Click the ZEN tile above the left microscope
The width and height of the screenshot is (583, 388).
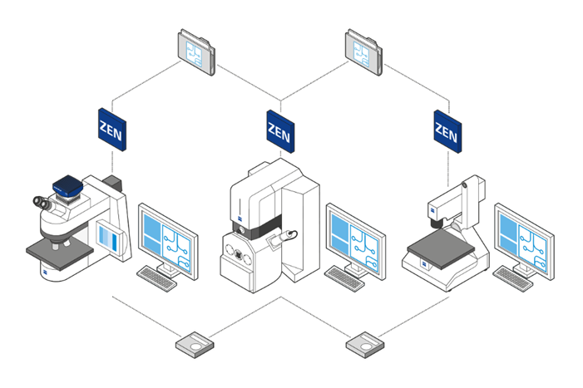click(x=112, y=130)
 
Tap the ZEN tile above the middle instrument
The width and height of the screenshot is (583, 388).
click(x=281, y=131)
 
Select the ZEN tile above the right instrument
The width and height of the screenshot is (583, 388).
click(x=447, y=131)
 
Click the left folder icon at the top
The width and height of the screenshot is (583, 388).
click(x=196, y=52)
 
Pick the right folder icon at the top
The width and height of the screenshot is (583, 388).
click(x=363, y=52)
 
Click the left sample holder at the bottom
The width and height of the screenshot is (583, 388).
click(x=195, y=345)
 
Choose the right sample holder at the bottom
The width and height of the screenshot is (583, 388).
click(x=365, y=345)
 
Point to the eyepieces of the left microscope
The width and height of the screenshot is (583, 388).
click(x=42, y=203)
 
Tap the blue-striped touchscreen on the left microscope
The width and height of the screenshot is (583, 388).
click(x=109, y=238)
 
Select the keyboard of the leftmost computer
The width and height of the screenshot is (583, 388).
click(x=156, y=278)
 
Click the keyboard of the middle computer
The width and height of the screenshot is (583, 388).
click(x=344, y=278)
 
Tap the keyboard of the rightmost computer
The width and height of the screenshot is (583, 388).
click(x=513, y=278)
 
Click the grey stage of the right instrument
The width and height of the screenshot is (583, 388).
click(x=441, y=248)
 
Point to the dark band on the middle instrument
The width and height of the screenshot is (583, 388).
click(x=256, y=227)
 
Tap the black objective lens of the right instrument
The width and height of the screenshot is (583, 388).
click(x=436, y=223)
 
